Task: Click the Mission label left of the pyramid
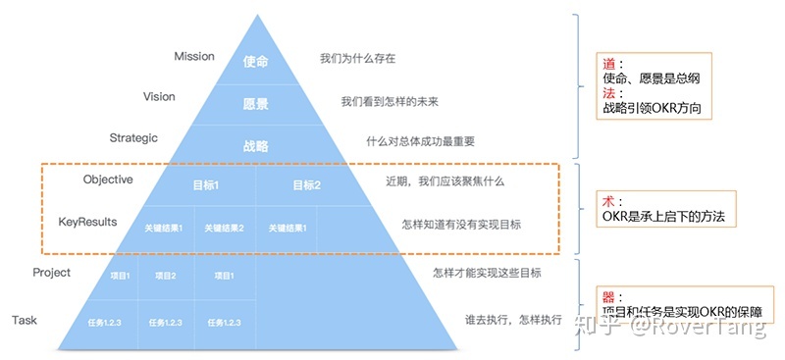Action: (193, 57)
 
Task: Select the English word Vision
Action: (159, 97)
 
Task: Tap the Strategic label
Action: (133, 138)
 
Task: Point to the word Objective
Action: (108, 180)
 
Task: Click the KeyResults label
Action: (87, 223)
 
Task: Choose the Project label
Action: (51, 273)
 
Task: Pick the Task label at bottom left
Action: (26, 321)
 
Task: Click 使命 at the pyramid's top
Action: (256, 61)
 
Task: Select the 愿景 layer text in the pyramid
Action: (256, 104)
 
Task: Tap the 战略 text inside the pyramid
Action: (256, 146)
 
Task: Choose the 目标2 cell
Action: (306, 184)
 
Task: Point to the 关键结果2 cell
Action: (224, 229)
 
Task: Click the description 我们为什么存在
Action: (357, 59)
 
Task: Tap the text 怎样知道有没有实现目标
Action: (461, 225)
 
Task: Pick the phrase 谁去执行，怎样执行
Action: (514, 320)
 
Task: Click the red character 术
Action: (608, 200)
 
